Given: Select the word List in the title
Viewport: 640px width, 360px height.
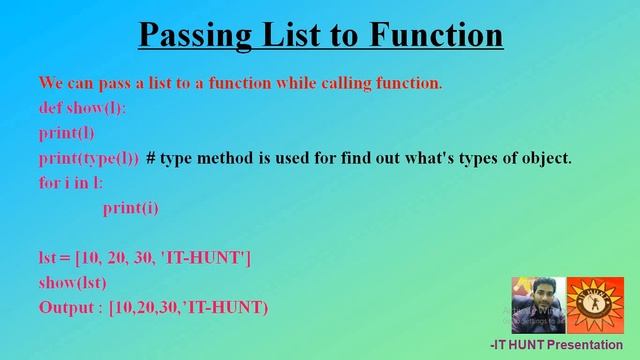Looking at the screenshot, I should click(291, 36).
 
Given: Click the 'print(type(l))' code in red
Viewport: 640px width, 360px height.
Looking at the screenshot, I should click(89, 158).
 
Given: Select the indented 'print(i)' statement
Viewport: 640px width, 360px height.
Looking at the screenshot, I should click(130, 208).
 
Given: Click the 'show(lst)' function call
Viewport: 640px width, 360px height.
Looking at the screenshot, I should click(72, 283).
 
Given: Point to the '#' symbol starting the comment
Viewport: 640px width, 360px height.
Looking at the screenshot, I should click(151, 158).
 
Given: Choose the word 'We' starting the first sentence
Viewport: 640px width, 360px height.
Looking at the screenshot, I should click(51, 82).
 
